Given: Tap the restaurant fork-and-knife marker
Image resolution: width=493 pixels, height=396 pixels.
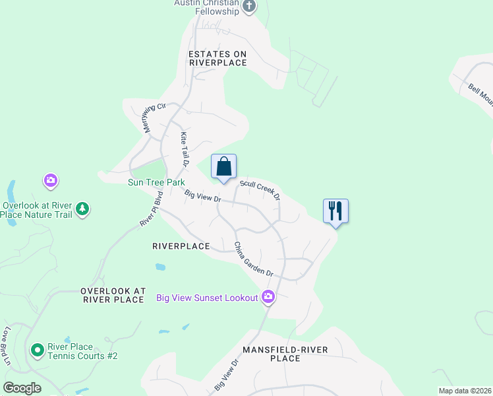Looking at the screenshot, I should [x=335, y=211].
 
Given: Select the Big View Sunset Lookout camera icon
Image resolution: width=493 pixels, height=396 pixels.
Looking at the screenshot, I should [x=268, y=297].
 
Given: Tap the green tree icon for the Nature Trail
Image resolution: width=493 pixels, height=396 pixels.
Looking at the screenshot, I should [x=82, y=209].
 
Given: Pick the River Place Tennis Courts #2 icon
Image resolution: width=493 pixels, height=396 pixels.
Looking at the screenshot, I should [x=38, y=349].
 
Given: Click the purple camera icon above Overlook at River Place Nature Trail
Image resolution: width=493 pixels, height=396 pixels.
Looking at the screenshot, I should [x=51, y=180].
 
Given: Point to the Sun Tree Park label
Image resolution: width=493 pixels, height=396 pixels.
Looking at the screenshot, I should [x=156, y=181].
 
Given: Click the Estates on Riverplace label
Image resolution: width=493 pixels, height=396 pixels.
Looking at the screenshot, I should [x=217, y=58].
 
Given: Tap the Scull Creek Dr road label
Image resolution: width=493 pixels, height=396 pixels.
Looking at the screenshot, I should [x=260, y=189].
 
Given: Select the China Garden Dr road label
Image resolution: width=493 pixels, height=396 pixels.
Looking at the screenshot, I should [x=254, y=259].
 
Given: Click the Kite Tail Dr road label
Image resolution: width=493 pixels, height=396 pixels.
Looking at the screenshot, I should [x=185, y=148].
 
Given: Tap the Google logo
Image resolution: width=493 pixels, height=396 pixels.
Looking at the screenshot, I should [x=21, y=388].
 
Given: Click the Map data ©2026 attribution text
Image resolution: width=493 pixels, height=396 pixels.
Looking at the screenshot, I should [x=464, y=391].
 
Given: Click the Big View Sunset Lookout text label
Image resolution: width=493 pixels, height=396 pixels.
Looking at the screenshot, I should [x=207, y=298].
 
